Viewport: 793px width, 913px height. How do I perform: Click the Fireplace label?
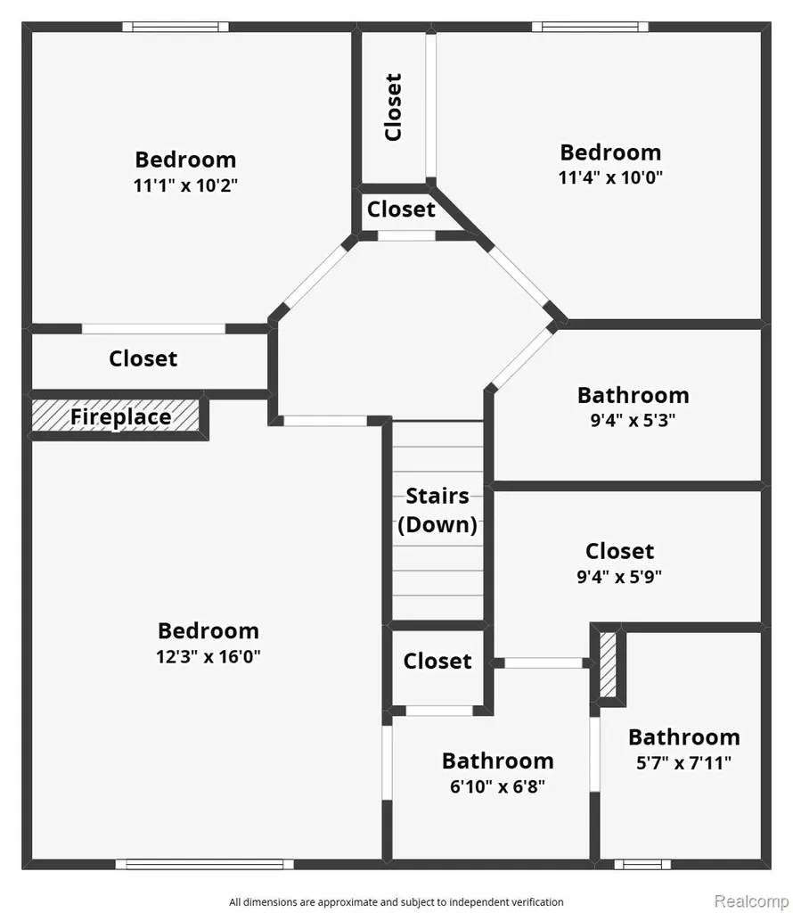point(121,417)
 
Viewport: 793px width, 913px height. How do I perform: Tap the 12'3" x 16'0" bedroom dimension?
point(208,657)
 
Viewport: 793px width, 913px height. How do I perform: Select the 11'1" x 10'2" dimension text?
point(185,185)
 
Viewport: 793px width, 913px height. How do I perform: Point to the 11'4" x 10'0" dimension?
point(611,177)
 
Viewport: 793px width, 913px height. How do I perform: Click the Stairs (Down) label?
point(437,511)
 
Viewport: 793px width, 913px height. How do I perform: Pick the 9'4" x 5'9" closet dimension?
point(619,577)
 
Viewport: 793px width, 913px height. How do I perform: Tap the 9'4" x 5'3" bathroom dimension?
point(633,420)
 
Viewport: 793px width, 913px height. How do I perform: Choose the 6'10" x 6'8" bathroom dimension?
point(498,786)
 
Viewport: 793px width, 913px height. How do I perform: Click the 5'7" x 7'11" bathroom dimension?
point(684,763)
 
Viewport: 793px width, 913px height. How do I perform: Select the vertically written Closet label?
point(394,107)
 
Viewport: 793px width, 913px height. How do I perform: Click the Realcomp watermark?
point(752,901)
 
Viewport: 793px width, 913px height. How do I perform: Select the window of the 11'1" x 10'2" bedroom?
point(176,27)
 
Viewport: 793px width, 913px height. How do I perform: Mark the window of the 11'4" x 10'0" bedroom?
point(590,27)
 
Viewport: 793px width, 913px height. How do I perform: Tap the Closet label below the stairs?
point(437,661)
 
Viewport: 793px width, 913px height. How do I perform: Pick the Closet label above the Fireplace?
point(143,358)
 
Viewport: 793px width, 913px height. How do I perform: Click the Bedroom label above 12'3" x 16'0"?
point(208,630)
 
